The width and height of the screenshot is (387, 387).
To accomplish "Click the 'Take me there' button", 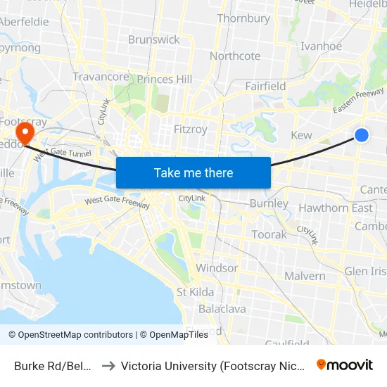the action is point(193,172).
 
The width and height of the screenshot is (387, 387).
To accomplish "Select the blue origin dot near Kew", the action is point(361,134).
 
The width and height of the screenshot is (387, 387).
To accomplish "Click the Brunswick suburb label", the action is point(154,39).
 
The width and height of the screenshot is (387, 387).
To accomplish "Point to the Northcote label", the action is point(235,56).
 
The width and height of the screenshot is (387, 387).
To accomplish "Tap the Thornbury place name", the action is point(243,18).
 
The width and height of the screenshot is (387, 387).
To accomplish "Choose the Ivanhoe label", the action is point(321,46).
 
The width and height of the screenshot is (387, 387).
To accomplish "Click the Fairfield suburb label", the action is point(265,86).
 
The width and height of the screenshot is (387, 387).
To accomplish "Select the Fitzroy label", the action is point(191,129).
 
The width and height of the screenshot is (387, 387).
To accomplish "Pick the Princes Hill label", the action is point(165,80).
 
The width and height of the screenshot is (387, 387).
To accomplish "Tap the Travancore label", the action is point(101,77).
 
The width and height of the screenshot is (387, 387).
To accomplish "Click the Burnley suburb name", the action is point(269,203).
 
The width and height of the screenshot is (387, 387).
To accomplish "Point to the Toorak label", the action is point(269,234).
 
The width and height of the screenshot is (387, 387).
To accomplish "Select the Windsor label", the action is point(217,268).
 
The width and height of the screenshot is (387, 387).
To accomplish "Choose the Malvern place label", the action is point(305,276).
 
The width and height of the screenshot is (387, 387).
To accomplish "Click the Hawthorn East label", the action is point(336,208).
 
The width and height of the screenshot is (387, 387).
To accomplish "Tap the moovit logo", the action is point(345,364).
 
